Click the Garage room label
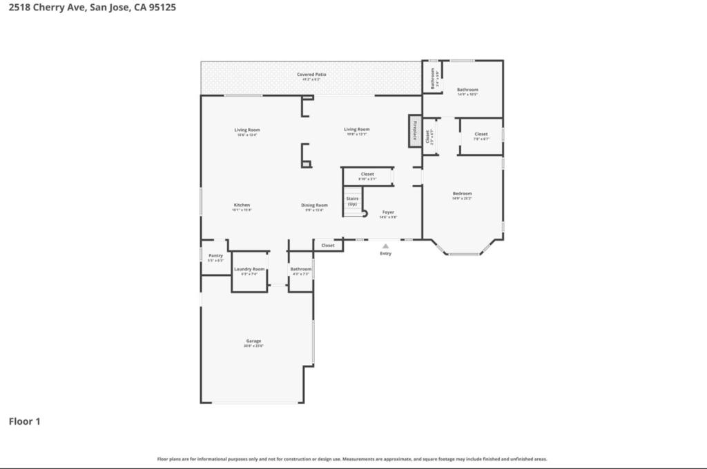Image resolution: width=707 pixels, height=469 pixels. pos(253,341)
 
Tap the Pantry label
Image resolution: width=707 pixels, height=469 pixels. pos(215,256)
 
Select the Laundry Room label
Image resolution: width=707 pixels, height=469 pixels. pos(249,269)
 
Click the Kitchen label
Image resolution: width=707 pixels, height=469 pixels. pos(242,205)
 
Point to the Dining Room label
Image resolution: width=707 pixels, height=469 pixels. pos(314,205)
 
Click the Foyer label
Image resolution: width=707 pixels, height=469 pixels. pos(388,212)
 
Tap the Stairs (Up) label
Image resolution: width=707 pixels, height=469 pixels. pos(352,201)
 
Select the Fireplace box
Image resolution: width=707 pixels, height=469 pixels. pos(415,131)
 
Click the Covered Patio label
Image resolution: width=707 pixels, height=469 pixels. pos(311,74)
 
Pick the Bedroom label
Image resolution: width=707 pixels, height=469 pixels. pos(462,193)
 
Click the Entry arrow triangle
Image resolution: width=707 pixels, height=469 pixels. pos(385,245)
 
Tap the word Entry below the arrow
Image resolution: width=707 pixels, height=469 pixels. pos(385,254)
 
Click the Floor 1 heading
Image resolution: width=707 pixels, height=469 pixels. pos(24,421)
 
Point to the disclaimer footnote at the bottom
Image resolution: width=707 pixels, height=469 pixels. pos(352,459)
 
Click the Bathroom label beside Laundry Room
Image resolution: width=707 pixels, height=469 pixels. pos(300,269)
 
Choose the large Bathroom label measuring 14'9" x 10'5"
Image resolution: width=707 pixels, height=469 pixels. pos(467,90)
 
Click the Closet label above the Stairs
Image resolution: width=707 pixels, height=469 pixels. pos(367,174)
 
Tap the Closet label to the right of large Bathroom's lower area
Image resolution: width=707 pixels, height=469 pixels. pos(481,134)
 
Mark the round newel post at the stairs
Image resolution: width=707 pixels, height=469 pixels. pos(366,214)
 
